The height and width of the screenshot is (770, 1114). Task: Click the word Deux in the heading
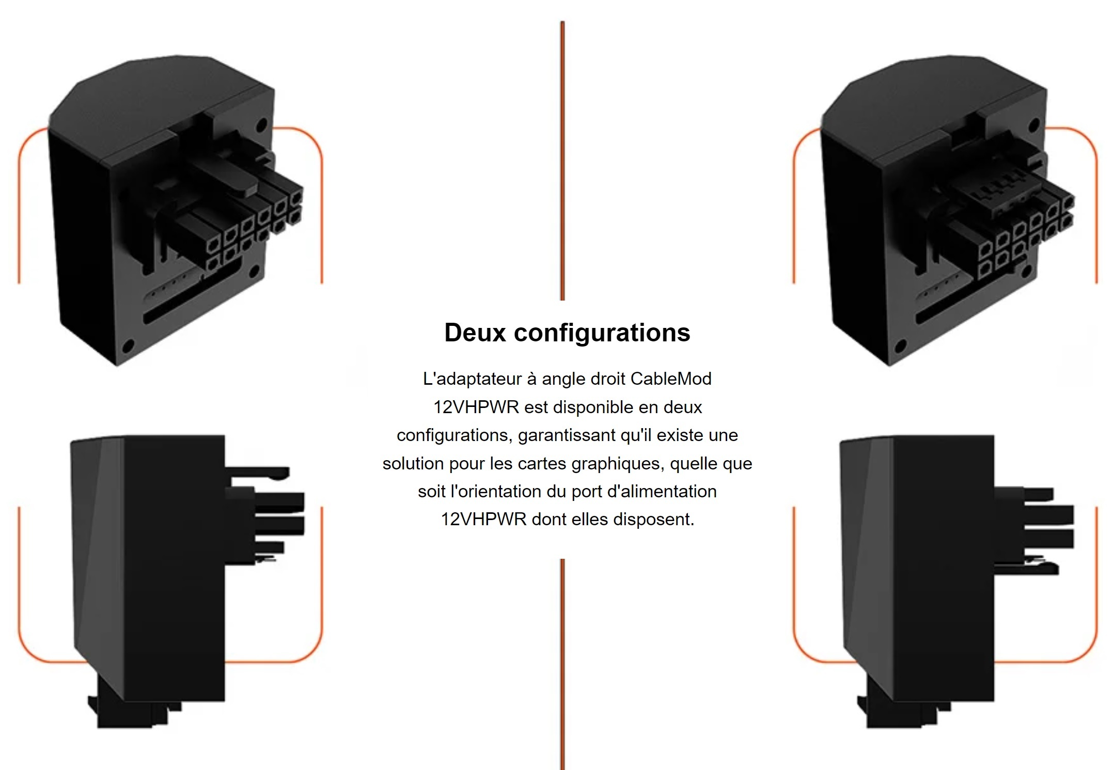(475, 333)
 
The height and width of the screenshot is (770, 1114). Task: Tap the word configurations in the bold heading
(602, 333)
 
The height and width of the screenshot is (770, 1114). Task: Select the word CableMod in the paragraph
(671, 379)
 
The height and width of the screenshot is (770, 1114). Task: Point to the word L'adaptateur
(473, 379)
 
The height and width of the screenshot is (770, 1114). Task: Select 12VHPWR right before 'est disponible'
(476, 407)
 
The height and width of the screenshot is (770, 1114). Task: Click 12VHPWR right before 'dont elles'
(483, 520)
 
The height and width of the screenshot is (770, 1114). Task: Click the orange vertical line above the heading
(562, 161)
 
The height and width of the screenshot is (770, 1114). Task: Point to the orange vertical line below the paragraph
(562, 664)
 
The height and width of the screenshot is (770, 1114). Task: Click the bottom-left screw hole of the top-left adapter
(128, 345)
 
